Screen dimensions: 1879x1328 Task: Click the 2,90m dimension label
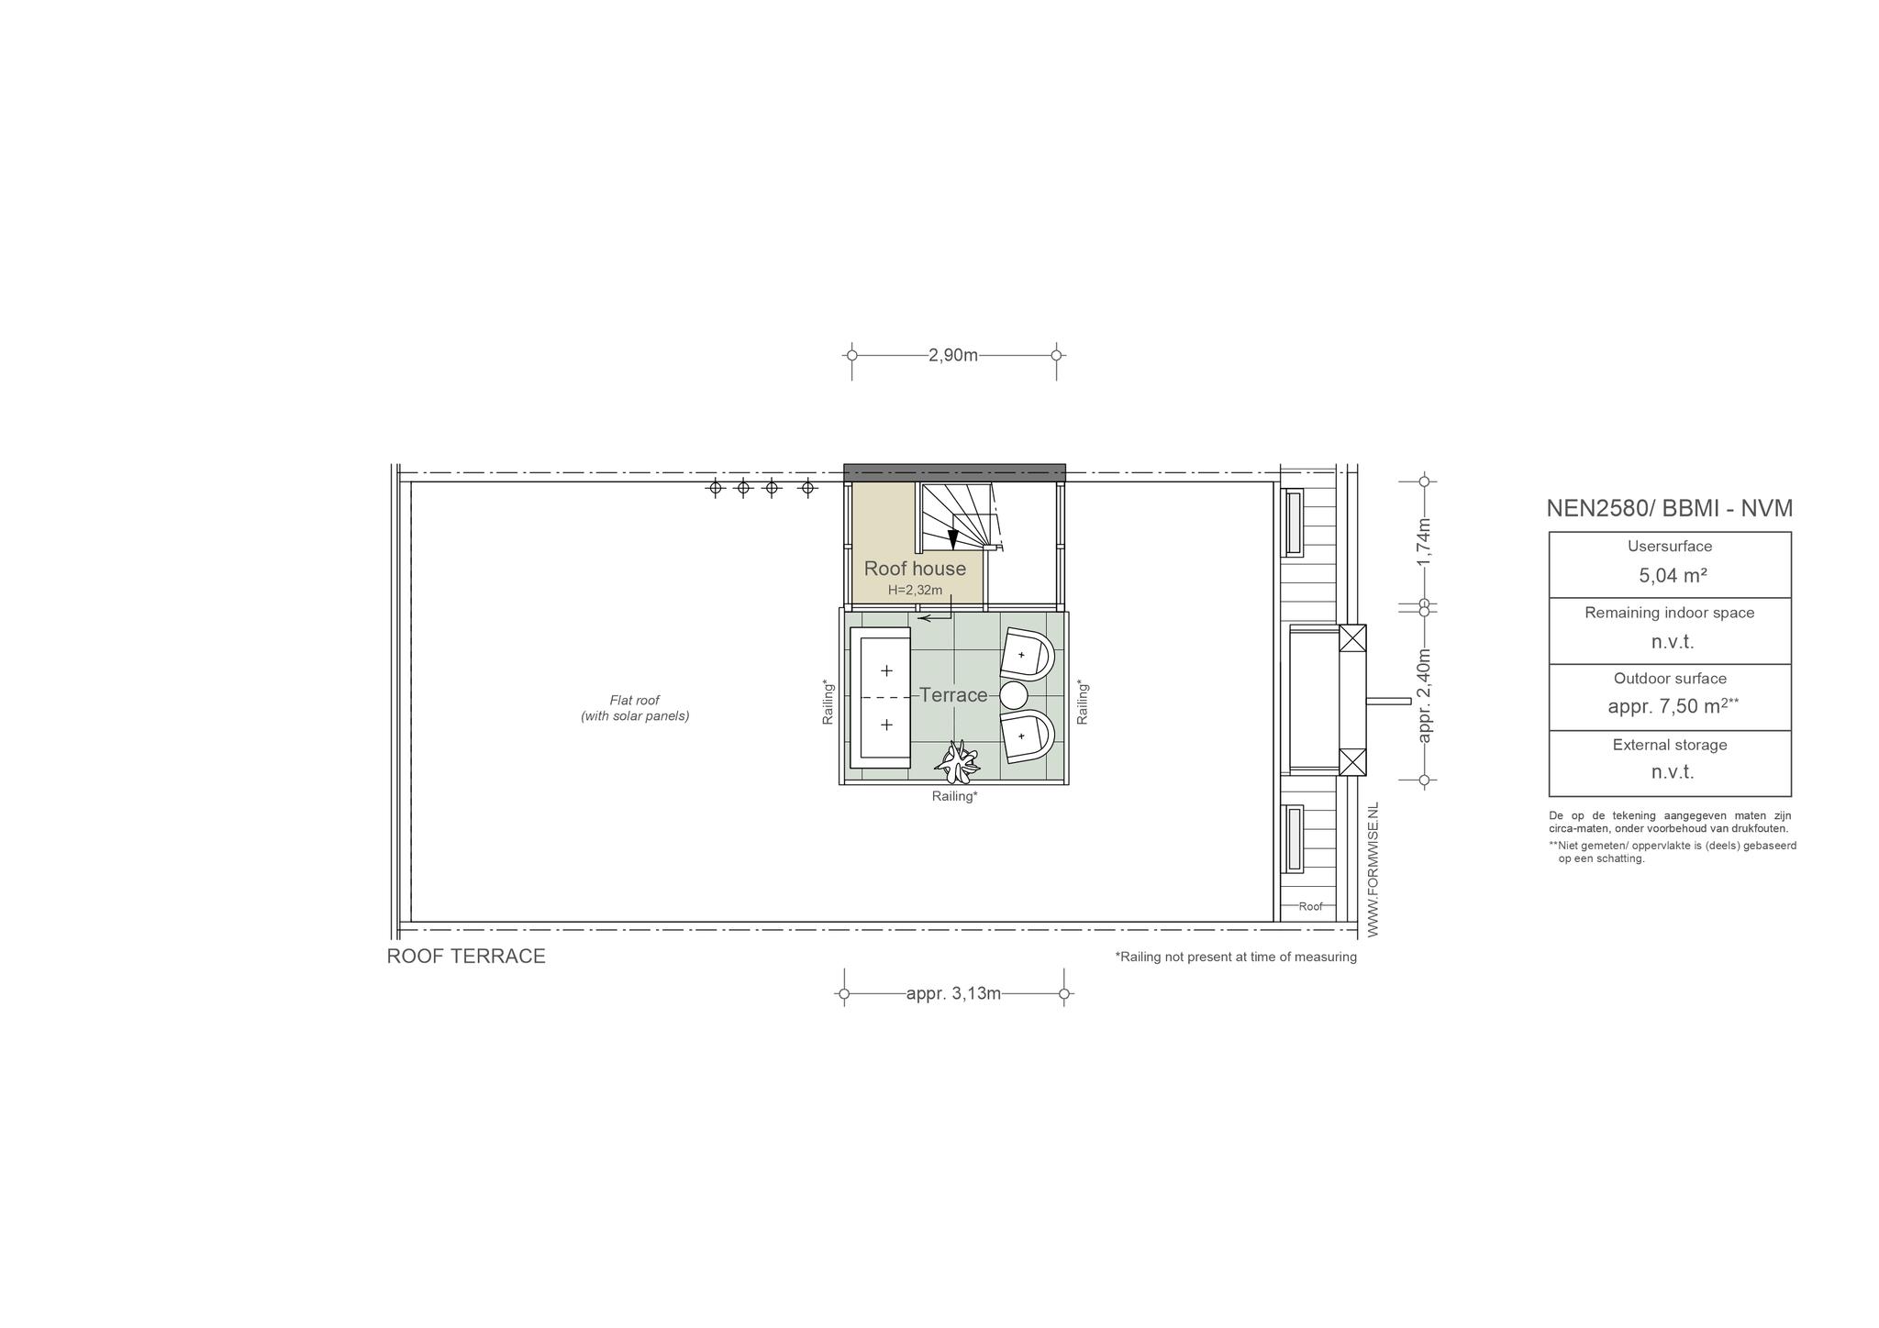(x=953, y=355)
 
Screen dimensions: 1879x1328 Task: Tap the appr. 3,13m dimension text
(x=953, y=993)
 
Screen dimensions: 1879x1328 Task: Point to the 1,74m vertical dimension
(x=1424, y=543)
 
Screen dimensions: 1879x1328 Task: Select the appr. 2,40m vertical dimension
(x=1424, y=695)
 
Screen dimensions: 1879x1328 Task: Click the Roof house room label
(x=915, y=569)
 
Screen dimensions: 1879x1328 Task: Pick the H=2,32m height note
(x=915, y=591)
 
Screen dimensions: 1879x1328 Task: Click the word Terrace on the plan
(x=953, y=695)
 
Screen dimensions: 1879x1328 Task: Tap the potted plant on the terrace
(x=958, y=759)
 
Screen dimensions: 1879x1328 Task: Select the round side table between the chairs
(x=1014, y=695)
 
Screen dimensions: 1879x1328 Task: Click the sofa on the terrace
(x=880, y=698)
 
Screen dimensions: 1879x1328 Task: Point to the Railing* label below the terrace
(x=954, y=796)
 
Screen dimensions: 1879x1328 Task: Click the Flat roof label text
(x=635, y=708)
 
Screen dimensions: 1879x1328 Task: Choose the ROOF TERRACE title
(x=466, y=957)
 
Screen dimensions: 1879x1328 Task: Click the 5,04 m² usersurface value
(x=1673, y=576)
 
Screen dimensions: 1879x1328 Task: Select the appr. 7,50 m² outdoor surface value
(x=1673, y=706)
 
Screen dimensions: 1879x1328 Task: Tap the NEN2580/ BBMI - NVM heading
(x=1669, y=508)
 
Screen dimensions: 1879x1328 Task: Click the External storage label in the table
(x=1670, y=745)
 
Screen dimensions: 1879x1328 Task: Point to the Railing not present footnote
(x=1236, y=957)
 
